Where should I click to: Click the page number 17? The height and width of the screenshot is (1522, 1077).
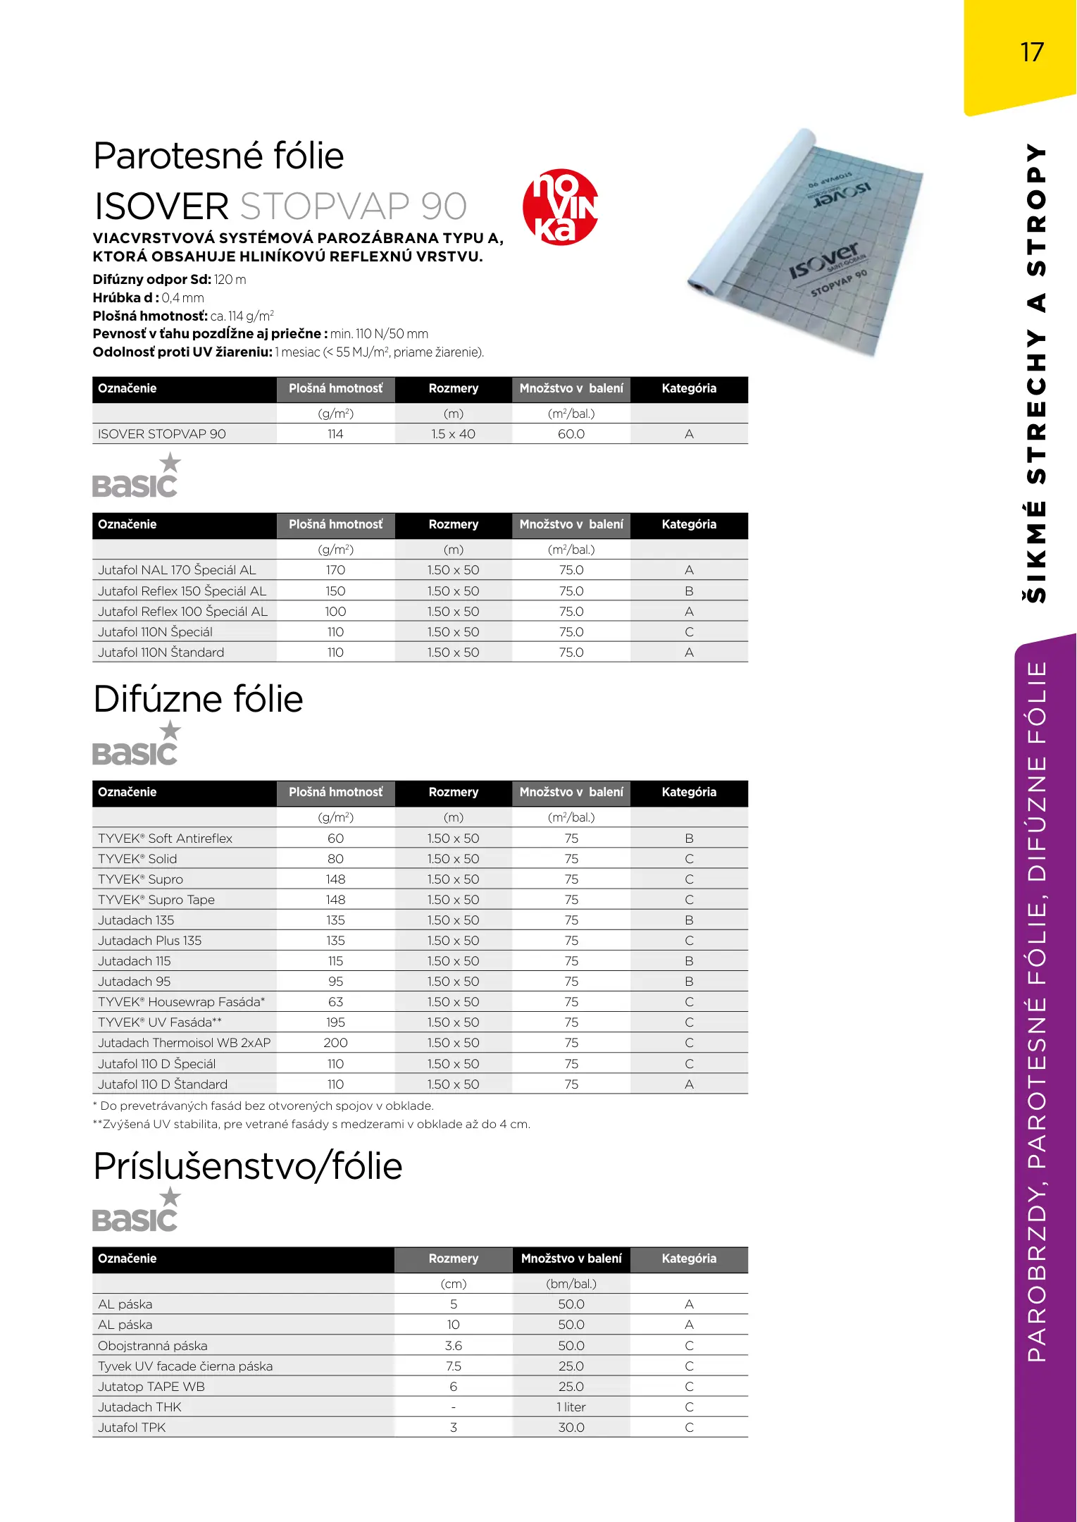1032,52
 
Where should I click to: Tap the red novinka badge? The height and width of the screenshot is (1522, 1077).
561,207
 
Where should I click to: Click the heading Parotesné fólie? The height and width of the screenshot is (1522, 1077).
218,156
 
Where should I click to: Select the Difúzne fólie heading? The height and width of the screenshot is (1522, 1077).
198,699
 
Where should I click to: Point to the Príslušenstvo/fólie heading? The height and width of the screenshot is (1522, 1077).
247,1166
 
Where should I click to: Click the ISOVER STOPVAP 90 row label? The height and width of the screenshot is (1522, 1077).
162,434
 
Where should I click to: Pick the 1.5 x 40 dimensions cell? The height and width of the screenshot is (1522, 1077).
453,434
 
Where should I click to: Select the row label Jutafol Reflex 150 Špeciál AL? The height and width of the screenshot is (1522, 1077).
182,591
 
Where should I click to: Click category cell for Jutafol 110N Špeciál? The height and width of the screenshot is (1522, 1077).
689,632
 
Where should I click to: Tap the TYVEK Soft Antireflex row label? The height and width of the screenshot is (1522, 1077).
165,839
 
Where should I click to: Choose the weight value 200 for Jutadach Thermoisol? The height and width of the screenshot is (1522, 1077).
335,1043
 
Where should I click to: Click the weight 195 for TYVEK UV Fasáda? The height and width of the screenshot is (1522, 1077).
335,1022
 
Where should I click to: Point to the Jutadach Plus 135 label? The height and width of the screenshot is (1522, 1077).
149,941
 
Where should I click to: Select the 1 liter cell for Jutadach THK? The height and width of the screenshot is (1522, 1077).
571,1407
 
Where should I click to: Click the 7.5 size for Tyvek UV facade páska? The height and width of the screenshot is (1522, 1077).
453,1366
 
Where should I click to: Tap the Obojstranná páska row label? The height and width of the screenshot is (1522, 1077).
152,1346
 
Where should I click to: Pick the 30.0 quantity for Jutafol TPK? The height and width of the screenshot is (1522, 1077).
571,1428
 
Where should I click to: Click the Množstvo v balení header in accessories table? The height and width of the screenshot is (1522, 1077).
571,1258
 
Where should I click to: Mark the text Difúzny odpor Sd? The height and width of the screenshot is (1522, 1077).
151,280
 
